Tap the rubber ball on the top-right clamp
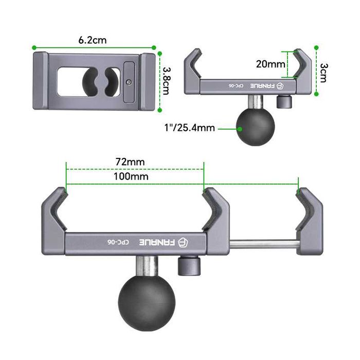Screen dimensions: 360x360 click(256, 125)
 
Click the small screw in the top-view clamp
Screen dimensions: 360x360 click(129, 81)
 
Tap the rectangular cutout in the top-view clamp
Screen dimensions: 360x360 click(69, 81)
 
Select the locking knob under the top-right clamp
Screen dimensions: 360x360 click(281, 102)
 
